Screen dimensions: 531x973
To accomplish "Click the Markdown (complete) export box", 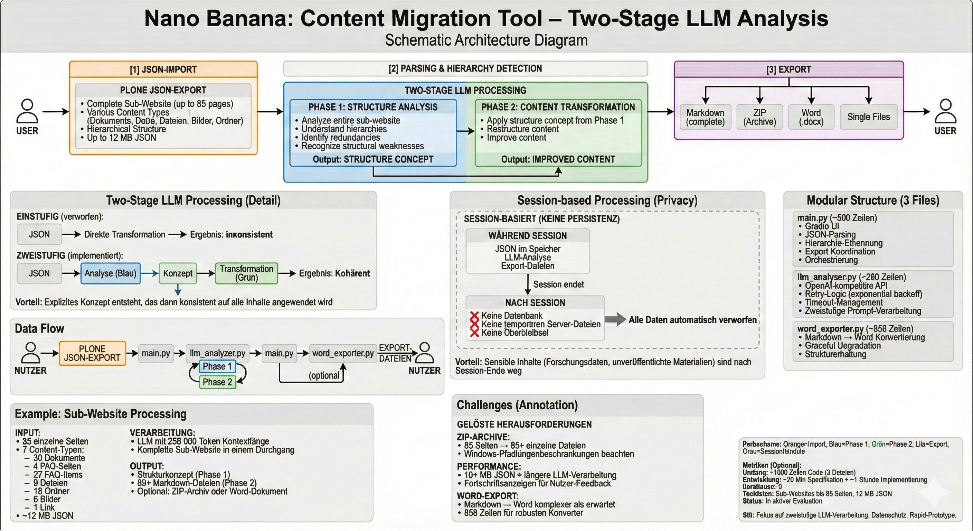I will click(x=705, y=117).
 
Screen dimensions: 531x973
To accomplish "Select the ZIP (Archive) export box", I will click(x=759, y=117).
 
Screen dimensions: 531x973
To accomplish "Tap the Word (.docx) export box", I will click(x=811, y=117).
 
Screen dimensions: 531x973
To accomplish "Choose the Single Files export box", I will click(x=868, y=117).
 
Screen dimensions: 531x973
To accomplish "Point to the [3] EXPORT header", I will click(x=789, y=69).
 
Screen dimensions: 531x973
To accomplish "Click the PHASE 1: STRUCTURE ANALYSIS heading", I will click(x=373, y=107).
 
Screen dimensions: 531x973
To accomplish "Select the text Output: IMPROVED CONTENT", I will click(x=558, y=159).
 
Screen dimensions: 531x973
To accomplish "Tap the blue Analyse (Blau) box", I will click(x=110, y=273).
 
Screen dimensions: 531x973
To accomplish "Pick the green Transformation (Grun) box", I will click(x=246, y=273).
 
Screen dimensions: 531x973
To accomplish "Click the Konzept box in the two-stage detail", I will click(x=178, y=273).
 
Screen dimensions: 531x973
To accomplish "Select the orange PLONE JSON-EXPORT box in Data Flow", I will click(x=92, y=353).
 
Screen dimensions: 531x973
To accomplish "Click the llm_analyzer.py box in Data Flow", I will click(x=217, y=353).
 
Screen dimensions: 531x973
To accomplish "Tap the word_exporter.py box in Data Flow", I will click(x=343, y=353).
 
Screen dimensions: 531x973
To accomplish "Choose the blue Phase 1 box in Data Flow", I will click(x=217, y=366).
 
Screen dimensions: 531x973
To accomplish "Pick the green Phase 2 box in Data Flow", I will click(x=217, y=382).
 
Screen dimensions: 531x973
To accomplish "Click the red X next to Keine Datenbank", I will click(x=474, y=316).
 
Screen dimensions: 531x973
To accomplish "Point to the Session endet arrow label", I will click(x=558, y=285).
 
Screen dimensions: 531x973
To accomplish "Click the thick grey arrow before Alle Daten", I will click(x=615, y=319).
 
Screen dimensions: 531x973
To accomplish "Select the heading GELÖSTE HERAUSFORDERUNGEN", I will click(x=524, y=425).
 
